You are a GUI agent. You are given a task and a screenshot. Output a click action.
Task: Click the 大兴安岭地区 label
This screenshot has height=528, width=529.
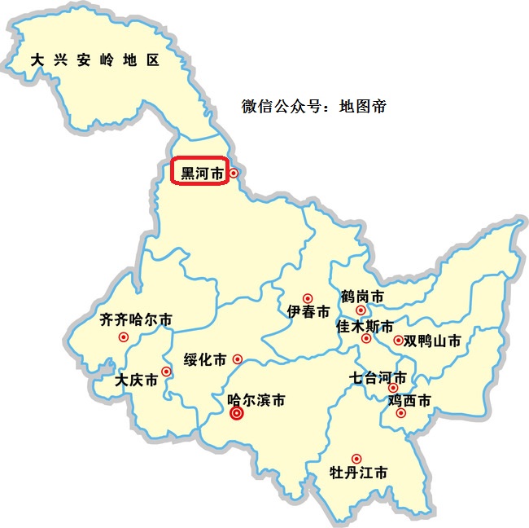pyautogui.click(x=94, y=60)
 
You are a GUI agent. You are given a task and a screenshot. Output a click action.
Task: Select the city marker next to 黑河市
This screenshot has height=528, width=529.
pyautogui.click(x=234, y=173)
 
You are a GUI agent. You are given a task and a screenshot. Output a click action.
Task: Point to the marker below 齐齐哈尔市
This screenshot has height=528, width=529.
pyautogui.click(x=124, y=337)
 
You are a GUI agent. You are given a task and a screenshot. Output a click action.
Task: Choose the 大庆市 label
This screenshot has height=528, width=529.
pyautogui.click(x=136, y=380)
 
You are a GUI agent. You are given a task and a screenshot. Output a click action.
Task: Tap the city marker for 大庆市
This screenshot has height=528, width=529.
pyautogui.click(x=166, y=372)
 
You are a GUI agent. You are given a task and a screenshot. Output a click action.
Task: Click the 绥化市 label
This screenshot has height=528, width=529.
pyautogui.click(x=205, y=359)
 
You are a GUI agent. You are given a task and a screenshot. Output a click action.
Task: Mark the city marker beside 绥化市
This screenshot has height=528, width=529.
pyautogui.click(x=238, y=359)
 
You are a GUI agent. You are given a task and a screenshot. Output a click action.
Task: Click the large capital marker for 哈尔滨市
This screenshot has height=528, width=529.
pyautogui.click(x=237, y=413)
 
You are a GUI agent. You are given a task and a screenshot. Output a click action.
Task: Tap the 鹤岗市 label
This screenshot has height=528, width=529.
pyautogui.click(x=362, y=296)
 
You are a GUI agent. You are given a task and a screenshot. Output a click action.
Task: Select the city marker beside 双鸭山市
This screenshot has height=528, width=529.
pyautogui.click(x=398, y=340)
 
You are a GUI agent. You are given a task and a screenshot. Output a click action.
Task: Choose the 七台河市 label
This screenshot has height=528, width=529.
pyautogui.click(x=378, y=377)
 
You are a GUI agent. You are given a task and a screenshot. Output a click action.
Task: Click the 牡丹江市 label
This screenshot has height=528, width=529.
pyautogui.click(x=358, y=473)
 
